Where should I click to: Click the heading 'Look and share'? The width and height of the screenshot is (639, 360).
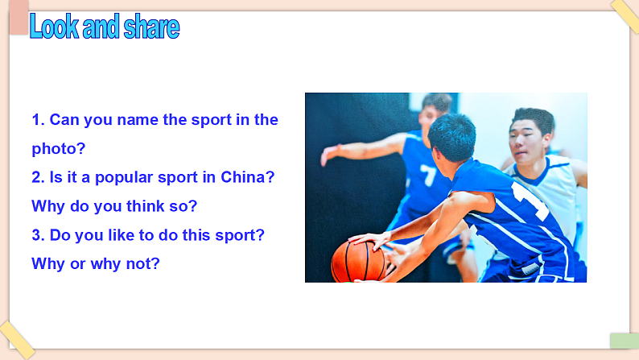104,27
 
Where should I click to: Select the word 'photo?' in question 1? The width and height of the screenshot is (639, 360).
59,149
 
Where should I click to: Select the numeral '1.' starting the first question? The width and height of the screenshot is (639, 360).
38,120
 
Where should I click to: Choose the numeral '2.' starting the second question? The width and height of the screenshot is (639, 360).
38,177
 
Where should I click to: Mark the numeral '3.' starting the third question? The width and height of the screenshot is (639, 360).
38,234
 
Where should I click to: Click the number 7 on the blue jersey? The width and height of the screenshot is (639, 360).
428,175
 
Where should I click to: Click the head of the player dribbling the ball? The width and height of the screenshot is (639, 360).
452,137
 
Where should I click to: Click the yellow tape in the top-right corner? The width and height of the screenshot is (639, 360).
624,14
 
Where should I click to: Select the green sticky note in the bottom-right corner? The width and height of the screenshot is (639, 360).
624,341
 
